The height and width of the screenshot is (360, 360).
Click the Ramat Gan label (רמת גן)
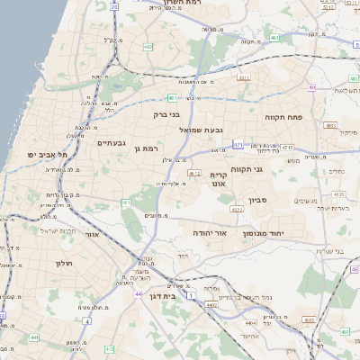tap(145, 148)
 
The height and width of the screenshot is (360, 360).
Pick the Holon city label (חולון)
tap(63, 264)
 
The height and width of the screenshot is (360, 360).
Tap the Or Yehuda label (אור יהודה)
tap(209, 232)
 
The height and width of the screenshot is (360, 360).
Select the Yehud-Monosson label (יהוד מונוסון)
tap(264, 232)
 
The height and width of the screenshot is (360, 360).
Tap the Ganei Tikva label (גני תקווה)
tap(272, 168)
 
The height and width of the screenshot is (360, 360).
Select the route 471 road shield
tap(238, 144)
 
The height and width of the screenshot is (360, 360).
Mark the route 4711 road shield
tap(287, 146)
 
